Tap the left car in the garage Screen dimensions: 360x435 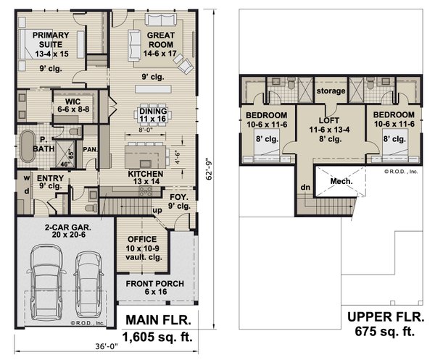pos(46,278)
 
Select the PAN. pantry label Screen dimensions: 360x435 pos(90,148)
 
